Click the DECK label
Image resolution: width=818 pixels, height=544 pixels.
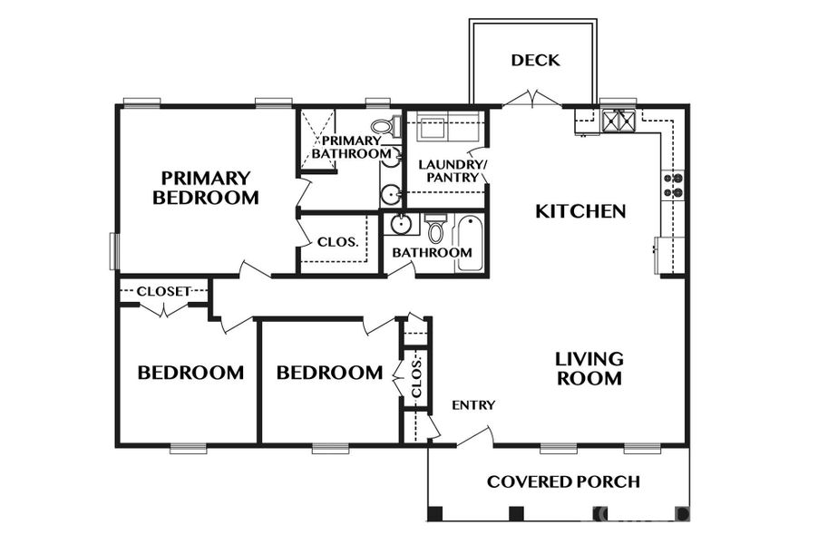click(x=535, y=61)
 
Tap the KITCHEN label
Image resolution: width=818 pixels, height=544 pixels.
click(x=580, y=211)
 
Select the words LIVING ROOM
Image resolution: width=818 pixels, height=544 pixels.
click(x=589, y=368)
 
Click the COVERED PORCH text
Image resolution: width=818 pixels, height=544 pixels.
click(x=563, y=481)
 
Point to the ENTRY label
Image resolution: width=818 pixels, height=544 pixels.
click(x=473, y=405)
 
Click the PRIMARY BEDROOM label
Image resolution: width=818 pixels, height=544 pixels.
click(x=206, y=187)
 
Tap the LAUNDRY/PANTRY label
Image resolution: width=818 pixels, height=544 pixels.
click(x=452, y=170)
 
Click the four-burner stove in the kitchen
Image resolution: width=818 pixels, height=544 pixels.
click(x=674, y=185)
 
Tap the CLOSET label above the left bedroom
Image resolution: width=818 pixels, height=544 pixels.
click(x=163, y=291)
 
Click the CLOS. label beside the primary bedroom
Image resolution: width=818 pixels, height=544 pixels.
click(x=336, y=243)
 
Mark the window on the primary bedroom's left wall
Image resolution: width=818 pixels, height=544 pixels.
click(x=114, y=251)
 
